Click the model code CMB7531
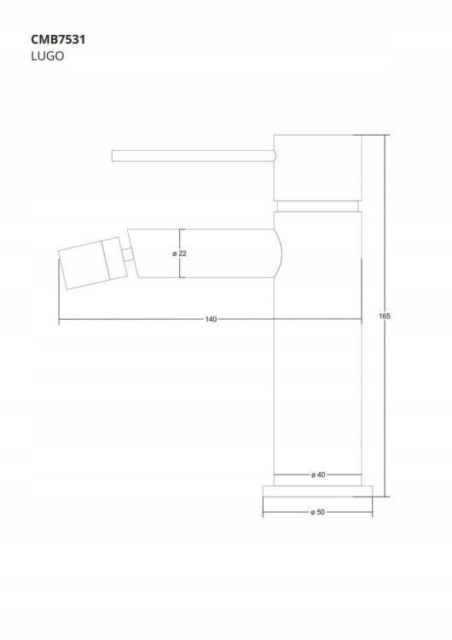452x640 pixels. coord(58,39)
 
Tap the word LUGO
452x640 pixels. coord(47,56)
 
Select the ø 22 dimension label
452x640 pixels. coord(179,253)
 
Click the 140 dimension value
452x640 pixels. coord(211,319)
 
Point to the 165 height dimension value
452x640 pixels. coord(385,316)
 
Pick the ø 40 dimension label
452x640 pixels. coord(318,474)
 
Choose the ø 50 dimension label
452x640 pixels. coord(318,512)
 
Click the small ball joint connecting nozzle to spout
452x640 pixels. coord(129,254)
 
